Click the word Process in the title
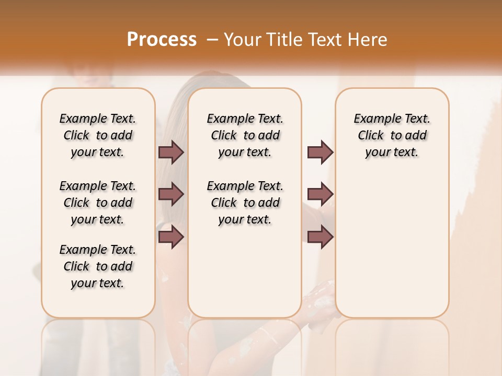pos(162,39)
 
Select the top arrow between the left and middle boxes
pos(171,152)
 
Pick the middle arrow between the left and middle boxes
pos(171,194)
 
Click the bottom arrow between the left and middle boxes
pos(171,237)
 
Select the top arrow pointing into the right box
pos(320,152)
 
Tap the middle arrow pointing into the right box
pos(320,194)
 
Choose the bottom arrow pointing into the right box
pos(320,237)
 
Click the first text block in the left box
pos(98,135)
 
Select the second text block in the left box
pos(98,203)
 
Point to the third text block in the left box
pos(98,266)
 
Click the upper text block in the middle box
pos(245,135)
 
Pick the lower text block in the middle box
pos(245,203)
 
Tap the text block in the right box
pos(392,135)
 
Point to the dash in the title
pos(212,39)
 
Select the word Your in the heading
pos(242,39)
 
